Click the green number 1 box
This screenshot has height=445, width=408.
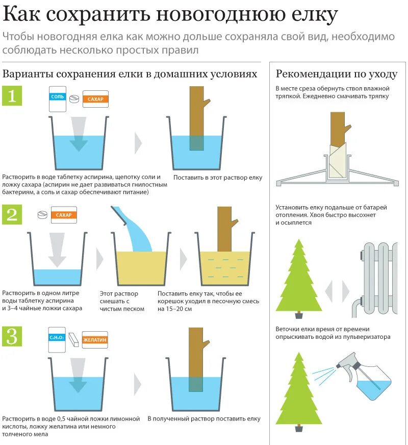click(12, 96)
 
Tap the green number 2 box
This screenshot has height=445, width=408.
click(12, 214)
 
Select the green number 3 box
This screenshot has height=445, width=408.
click(12, 336)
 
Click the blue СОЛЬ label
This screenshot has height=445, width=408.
click(58, 97)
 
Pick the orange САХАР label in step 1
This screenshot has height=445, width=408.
click(95, 99)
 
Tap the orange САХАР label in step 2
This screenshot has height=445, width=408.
click(64, 215)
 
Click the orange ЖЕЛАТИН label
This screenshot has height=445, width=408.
click(95, 340)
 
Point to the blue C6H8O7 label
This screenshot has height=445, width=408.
click(57, 337)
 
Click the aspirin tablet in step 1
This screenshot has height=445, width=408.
click(74, 98)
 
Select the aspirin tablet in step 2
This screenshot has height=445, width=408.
click(42, 214)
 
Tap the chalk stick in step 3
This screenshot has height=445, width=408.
click(73, 339)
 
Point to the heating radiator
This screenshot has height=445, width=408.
click(375, 280)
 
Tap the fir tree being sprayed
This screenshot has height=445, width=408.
click(298, 391)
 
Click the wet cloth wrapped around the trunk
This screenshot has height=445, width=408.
click(338, 160)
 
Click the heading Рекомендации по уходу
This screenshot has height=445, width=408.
click(337, 74)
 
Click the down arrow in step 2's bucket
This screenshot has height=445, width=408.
click(57, 250)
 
